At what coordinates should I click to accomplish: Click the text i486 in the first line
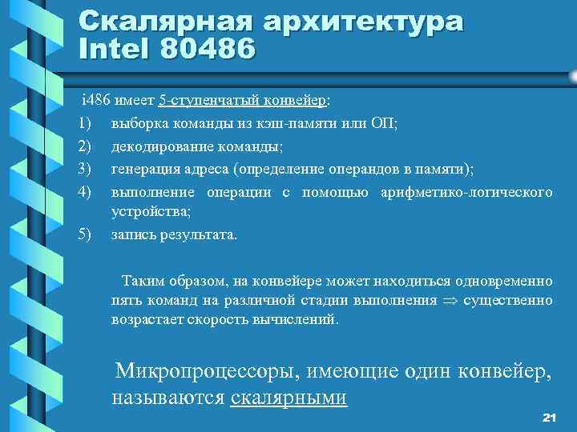pyautogui.click(x=97, y=100)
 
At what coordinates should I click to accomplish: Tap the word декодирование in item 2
pyautogui.click(x=158, y=146)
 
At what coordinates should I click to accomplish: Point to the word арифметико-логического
pyautogui.click(x=466, y=192)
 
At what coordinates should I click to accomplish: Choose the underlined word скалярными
pyautogui.click(x=288, y=398)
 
